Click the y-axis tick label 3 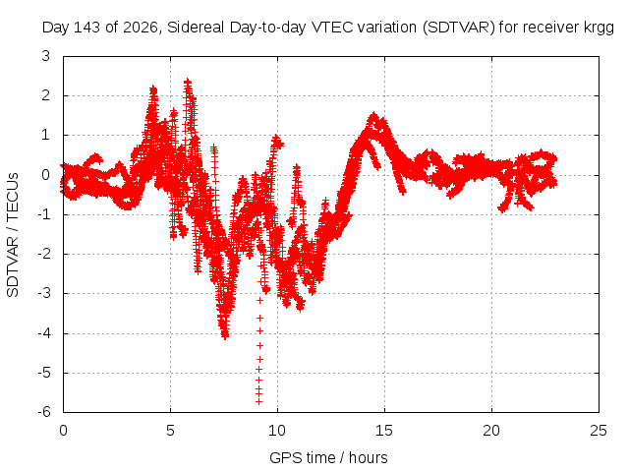click(x=46, y=56)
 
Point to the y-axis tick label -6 click(x=44, y=411)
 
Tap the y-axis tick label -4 click(x=44, y=332)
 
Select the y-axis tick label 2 click(x=46, y=95)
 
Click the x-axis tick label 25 click(x=599, y=431)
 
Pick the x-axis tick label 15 click(x=384, y=431)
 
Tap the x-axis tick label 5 click(x=170, y=431)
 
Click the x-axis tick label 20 click(x=491, y=431)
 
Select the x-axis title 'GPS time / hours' click(x=328, y=457)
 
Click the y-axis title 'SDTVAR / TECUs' click(x=13, y=235)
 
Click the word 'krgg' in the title click(x=600, y=28)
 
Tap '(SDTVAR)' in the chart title click(x=459, y=28)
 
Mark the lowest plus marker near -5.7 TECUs click(x=258, y=401)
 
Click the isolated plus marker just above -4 click(x=259, y=318)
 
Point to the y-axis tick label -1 click(x=44, y=214)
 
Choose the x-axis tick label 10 click(x=277, y=431)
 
